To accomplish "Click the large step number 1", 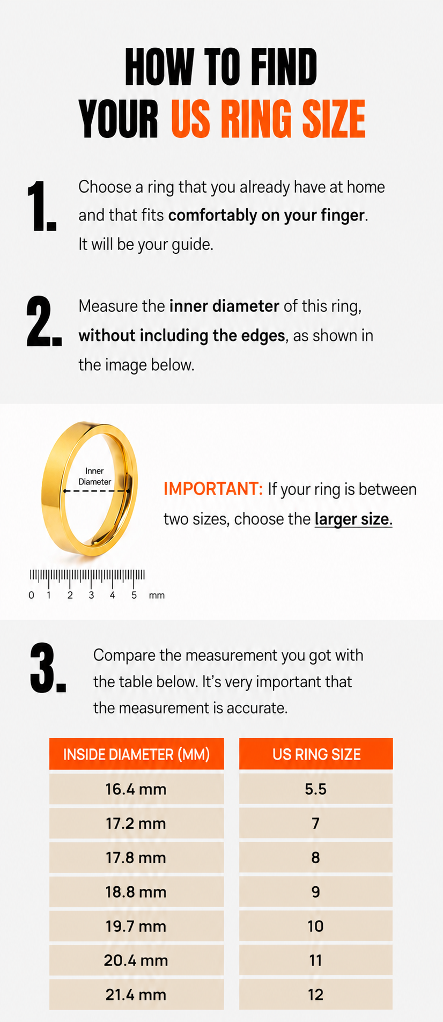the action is pos(42,207).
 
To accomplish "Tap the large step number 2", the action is pos(44,321).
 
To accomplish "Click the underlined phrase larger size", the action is pos(353,519).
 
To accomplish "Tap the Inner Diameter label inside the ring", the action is pos(95,476).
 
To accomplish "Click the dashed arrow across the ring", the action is pos(97,490).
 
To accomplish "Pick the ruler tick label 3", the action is pos(91,595).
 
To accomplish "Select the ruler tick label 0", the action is pos(31,595).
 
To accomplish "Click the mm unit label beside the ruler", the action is pos(157,595).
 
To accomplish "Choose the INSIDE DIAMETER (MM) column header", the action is pos(136,754).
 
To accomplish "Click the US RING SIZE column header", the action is pos(316,754).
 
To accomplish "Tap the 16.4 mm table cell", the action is pos(136,789).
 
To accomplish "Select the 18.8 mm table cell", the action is pos(136,892).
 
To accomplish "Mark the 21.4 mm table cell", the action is pos(136,995).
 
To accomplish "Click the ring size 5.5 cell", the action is pos(316,789).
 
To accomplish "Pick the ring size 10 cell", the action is pos(316,927).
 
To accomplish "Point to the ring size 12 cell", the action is pos(316,995).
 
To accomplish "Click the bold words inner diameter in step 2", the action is pos(224,306).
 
